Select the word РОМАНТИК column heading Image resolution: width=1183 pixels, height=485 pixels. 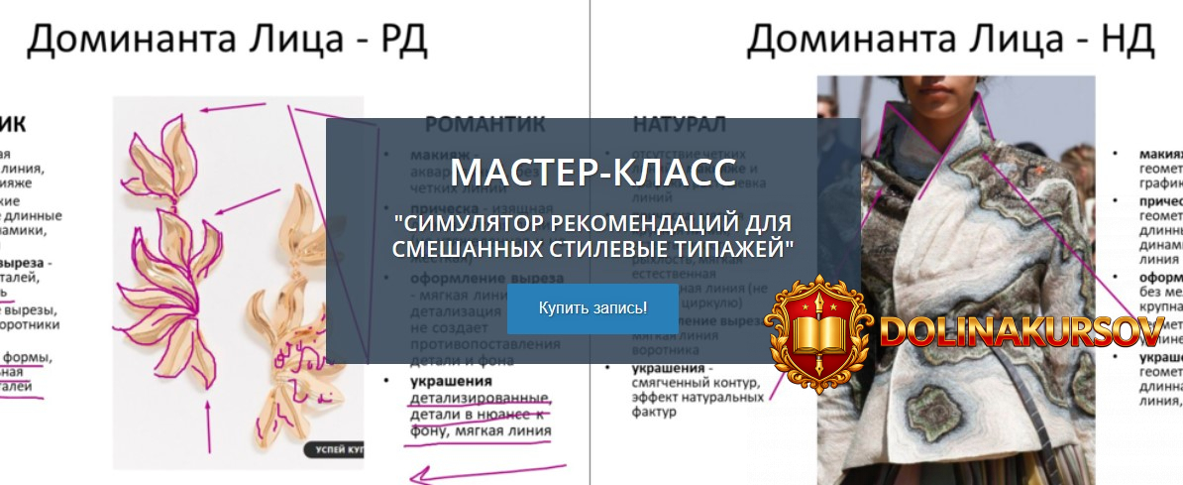[x=485, y=125]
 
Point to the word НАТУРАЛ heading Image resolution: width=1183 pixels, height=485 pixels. [x=680, y=125]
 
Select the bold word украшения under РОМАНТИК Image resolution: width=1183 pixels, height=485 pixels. [x=452, y=382]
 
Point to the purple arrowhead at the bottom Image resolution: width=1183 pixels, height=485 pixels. [x=422, y=480]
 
